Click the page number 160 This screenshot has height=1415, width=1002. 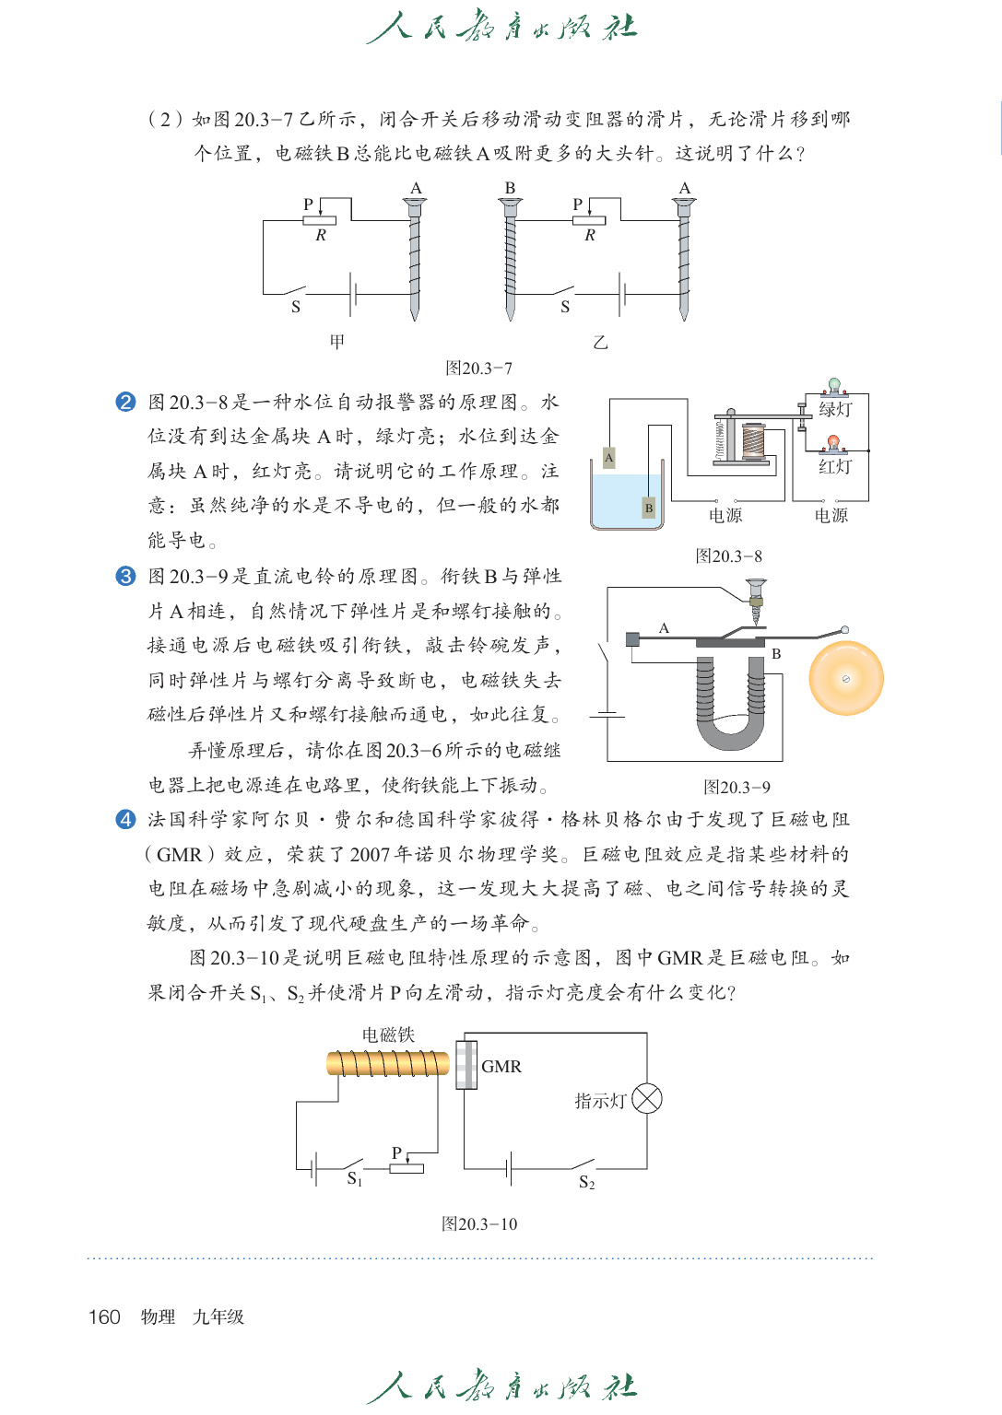104,1316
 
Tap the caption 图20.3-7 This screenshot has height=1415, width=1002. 478,368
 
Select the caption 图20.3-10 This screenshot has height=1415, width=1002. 479,1224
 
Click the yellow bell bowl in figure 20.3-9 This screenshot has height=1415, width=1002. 845,679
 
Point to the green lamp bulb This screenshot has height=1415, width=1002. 834,384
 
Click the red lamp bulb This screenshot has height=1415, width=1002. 833,442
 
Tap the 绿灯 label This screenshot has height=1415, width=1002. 835,409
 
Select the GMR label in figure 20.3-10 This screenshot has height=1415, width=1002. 501,1067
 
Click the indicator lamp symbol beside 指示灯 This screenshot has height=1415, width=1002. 647,1099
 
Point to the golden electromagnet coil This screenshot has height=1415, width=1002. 387,1064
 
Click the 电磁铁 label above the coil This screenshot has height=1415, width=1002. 388,1035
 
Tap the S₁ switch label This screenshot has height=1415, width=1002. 355,1179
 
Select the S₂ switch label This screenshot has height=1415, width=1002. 587,1183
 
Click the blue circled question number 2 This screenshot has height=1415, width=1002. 126,403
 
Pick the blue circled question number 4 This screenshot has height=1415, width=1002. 126,820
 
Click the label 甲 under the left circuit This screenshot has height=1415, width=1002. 337,342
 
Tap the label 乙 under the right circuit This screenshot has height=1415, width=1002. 601,343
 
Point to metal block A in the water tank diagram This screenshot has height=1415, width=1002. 608,457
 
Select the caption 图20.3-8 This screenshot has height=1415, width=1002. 728,556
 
